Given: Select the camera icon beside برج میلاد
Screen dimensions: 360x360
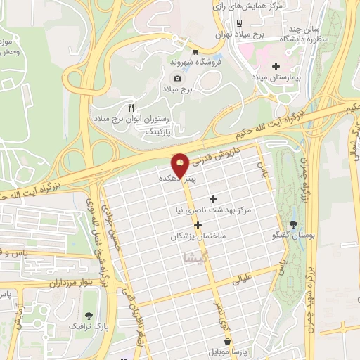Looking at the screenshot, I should (x=177, y=78).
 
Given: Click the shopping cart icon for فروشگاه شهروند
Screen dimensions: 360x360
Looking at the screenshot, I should (x=195, y=51).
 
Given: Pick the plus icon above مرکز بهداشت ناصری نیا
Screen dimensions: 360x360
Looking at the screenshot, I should (x=214, y=199).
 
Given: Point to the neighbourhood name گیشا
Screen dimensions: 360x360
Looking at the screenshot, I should (x=195, y=258).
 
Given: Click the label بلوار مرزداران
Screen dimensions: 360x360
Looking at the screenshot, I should (x=46, y=281).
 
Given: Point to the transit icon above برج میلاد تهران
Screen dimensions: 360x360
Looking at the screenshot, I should (x=240, y=22).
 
